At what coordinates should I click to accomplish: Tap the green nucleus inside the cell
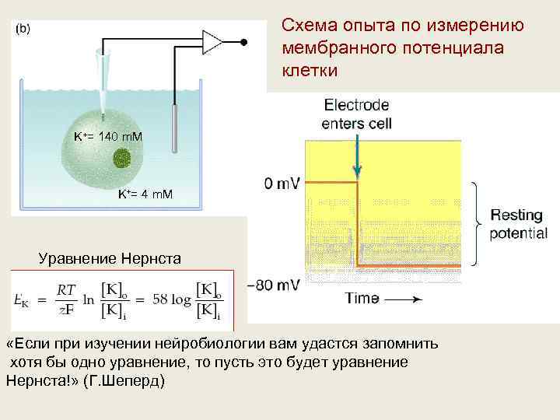(x=122, y=159)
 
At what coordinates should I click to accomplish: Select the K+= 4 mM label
(x=145, y=193)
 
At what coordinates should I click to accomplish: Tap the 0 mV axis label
(x=282, y=184)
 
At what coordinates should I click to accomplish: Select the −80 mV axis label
(x=272, y=285)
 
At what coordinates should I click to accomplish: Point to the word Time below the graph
(x=362, y=299)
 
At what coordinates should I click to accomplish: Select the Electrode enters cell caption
(x=357, y=114)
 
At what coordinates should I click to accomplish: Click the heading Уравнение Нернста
(x=110, y=257)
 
